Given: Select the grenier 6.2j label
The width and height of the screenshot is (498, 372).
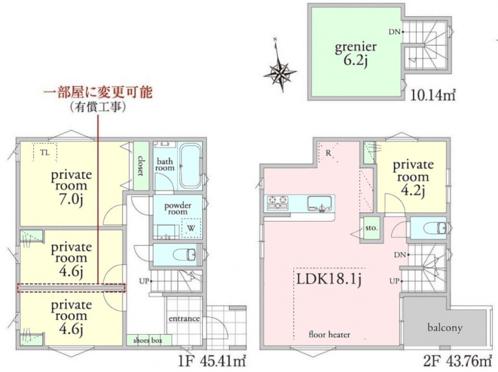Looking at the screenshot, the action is [x=356, y=54].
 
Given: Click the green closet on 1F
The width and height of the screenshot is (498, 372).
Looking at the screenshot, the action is [x=141, y=166].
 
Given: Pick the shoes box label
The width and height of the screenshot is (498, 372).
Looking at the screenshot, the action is [x=148, y=341].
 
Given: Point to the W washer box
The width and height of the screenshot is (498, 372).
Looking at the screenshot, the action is [x=191, y=228].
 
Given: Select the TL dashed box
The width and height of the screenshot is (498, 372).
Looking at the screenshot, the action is [x=45, y=152].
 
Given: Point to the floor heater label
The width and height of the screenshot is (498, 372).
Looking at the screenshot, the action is [x=329, y=334].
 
